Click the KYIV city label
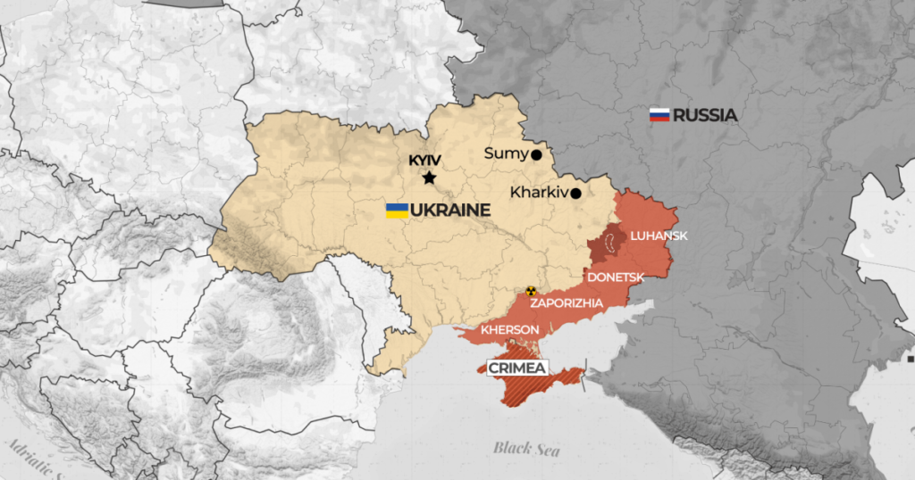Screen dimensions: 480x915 point(427,161)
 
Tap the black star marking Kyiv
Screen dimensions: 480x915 point(429,178)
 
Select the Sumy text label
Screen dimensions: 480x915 point(506,153)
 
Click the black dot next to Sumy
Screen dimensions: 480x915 point(536,154)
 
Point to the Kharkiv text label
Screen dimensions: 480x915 point(539,192)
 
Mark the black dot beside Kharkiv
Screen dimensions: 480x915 point(575,193)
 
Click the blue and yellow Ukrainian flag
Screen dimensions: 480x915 point(397,211)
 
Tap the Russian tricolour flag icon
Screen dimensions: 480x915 point(659,115)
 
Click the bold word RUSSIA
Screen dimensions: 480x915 point(705,115)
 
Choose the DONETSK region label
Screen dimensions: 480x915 point(616,277)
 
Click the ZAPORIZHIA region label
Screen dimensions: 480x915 point(567,303)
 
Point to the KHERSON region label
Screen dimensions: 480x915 point(510,330)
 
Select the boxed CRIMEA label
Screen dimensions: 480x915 point(516,368)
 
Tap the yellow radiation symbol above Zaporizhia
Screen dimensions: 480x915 point(531,291)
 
